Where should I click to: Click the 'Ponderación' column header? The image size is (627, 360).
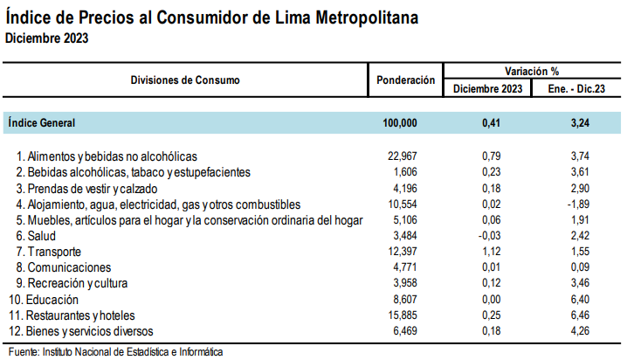[405, 80]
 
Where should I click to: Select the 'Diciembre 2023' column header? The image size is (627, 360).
[487, 88]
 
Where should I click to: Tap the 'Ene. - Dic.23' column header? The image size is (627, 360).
[576, 88]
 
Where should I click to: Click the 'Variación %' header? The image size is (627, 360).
[532, 71]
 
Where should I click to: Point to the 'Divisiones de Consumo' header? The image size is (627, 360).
[185, 80]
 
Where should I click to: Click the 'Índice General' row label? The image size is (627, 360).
[42, 122]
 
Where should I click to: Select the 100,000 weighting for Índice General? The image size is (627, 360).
[400, 123]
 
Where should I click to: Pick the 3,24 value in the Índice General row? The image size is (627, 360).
[580, 123]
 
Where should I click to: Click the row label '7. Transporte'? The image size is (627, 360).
[48, 252]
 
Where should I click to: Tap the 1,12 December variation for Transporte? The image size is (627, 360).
[492, 251]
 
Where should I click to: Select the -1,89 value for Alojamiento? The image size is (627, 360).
[579, 204]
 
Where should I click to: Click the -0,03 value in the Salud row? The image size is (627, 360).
[489, 236]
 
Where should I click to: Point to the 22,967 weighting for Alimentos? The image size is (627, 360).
[403, 156]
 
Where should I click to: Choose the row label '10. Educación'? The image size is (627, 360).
[44, 300]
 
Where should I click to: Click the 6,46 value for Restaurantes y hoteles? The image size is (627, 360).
[580, 315]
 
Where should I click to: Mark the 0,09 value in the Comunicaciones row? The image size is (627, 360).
[580, 267]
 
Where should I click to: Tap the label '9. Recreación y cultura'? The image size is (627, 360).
[72, 283]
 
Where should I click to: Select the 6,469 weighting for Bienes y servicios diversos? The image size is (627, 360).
[405, 331]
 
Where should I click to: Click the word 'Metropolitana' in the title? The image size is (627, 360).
[367, 17]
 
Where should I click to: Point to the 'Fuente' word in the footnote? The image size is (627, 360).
[24, 352]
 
